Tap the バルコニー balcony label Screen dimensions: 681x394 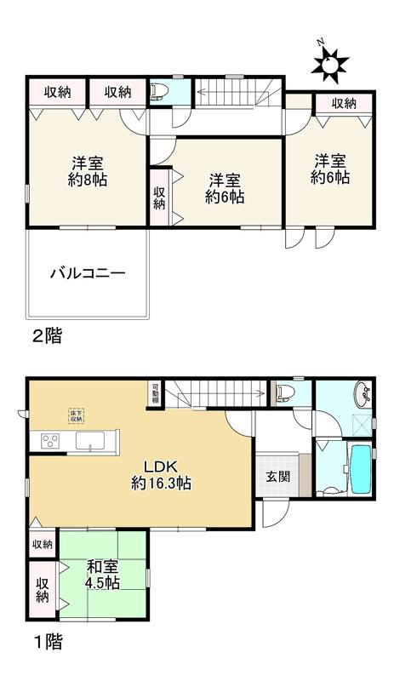[x=88, y=274]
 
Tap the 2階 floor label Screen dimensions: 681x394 [x=46, y=336]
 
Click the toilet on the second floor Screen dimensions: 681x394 [x=160, y=90]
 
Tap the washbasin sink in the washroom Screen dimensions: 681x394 [x=363, y=394]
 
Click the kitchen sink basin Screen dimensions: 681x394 [x=89, y=441]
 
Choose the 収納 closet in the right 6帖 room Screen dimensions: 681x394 [x=343, y=104]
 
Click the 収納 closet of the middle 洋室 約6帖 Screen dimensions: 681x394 [x=160, y=198]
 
